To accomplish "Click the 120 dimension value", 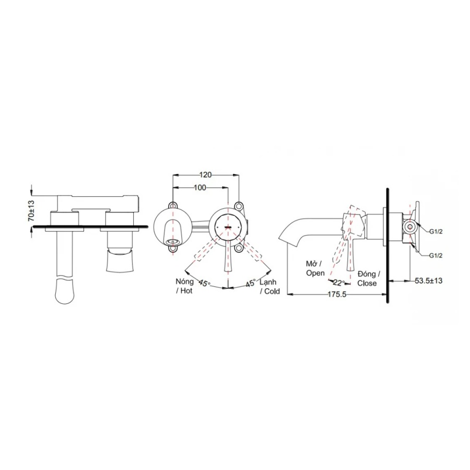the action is [205, 174].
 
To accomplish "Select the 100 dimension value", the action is [200, 187].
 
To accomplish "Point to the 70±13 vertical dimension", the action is [31, 211].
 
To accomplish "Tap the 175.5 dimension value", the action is [337, 295].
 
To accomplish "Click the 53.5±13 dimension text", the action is [429, 280].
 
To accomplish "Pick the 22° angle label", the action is [339, 283].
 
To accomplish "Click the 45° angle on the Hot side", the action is [204, 283].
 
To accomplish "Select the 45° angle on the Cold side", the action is [251, 283].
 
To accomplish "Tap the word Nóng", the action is [185, 282].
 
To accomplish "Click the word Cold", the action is [272, 291].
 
